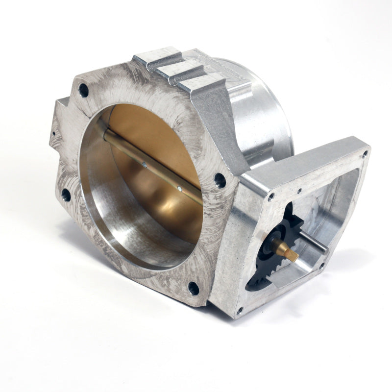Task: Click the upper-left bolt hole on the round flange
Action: [x=84, y=90]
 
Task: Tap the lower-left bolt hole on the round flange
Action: [x=66, y=195]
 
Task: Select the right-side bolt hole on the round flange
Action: [x=220, y=180]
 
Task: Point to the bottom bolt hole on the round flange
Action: [x=194, y=288]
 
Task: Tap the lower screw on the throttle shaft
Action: [x=180, y=187]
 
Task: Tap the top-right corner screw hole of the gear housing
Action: [x=364, y=154]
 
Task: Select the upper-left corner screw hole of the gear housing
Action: [x=270, y=197]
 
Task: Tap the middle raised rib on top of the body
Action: [x=179, y=72]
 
